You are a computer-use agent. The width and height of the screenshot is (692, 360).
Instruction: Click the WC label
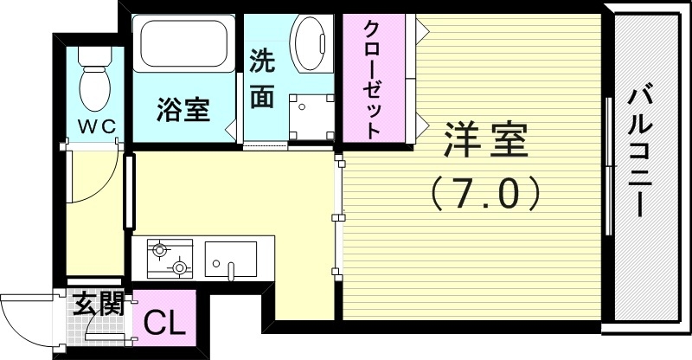coord(97,126)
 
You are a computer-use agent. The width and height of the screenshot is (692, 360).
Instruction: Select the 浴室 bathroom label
coord(183,110)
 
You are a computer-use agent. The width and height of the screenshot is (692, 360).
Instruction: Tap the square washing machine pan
coord(311,116)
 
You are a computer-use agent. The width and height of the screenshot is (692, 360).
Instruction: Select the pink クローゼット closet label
coord(373,79)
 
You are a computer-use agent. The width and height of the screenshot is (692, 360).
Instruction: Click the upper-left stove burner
coord(159,251)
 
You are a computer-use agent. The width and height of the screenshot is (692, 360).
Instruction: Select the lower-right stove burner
coord(180,267)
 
